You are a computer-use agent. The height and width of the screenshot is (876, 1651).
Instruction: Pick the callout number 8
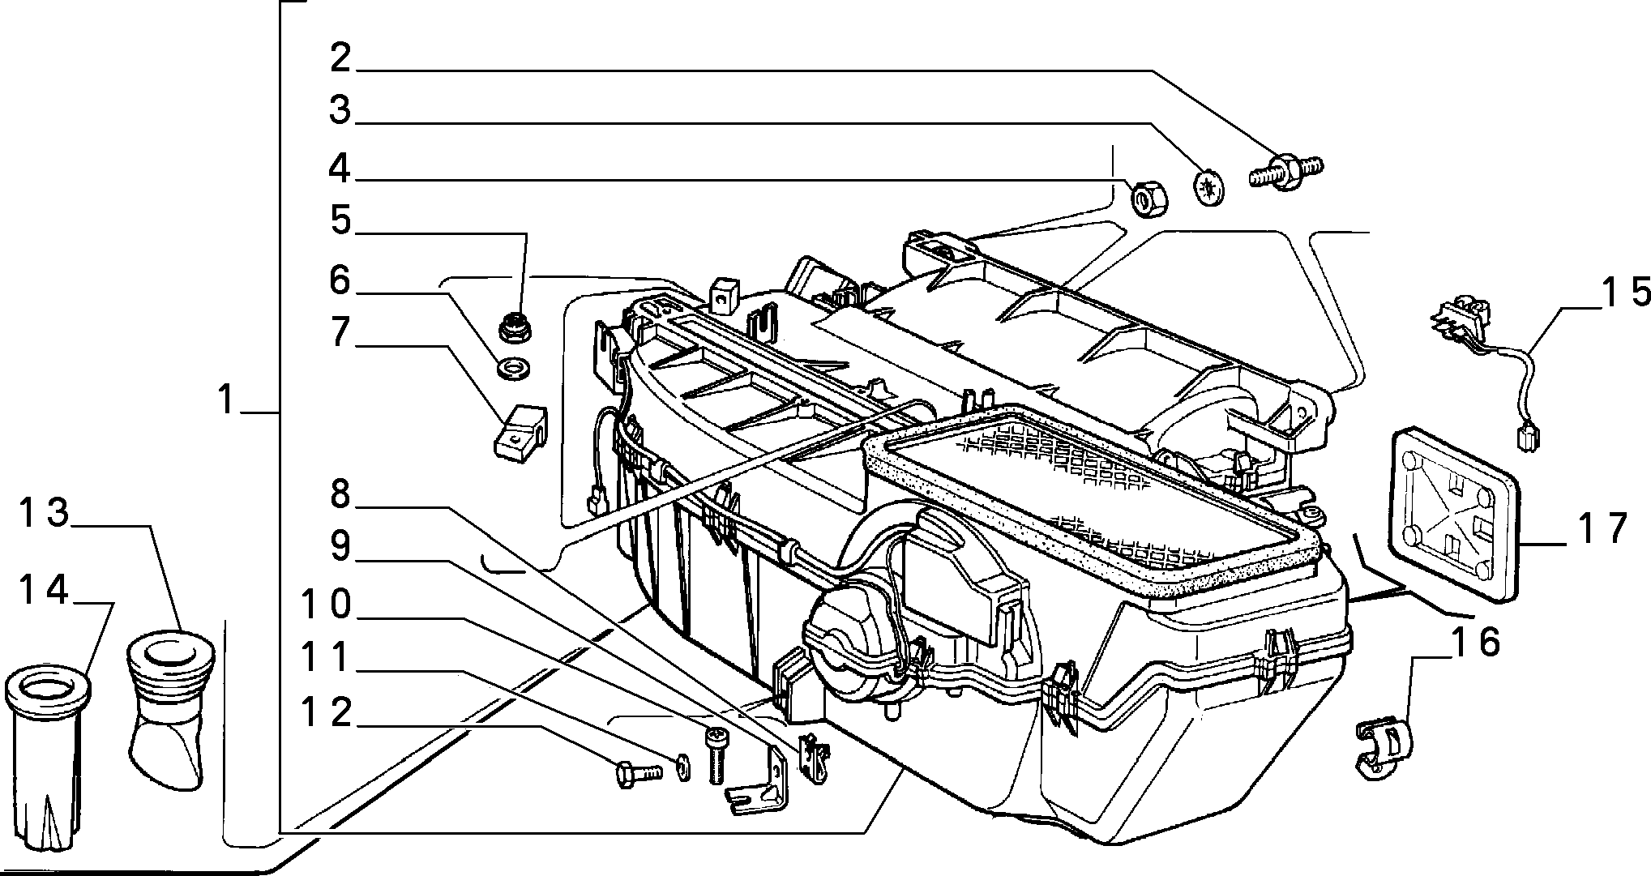(340, 494)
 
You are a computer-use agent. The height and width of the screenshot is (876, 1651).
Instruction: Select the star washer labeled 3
(1209, 186)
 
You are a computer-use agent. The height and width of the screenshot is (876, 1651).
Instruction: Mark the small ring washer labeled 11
(682, 764)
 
